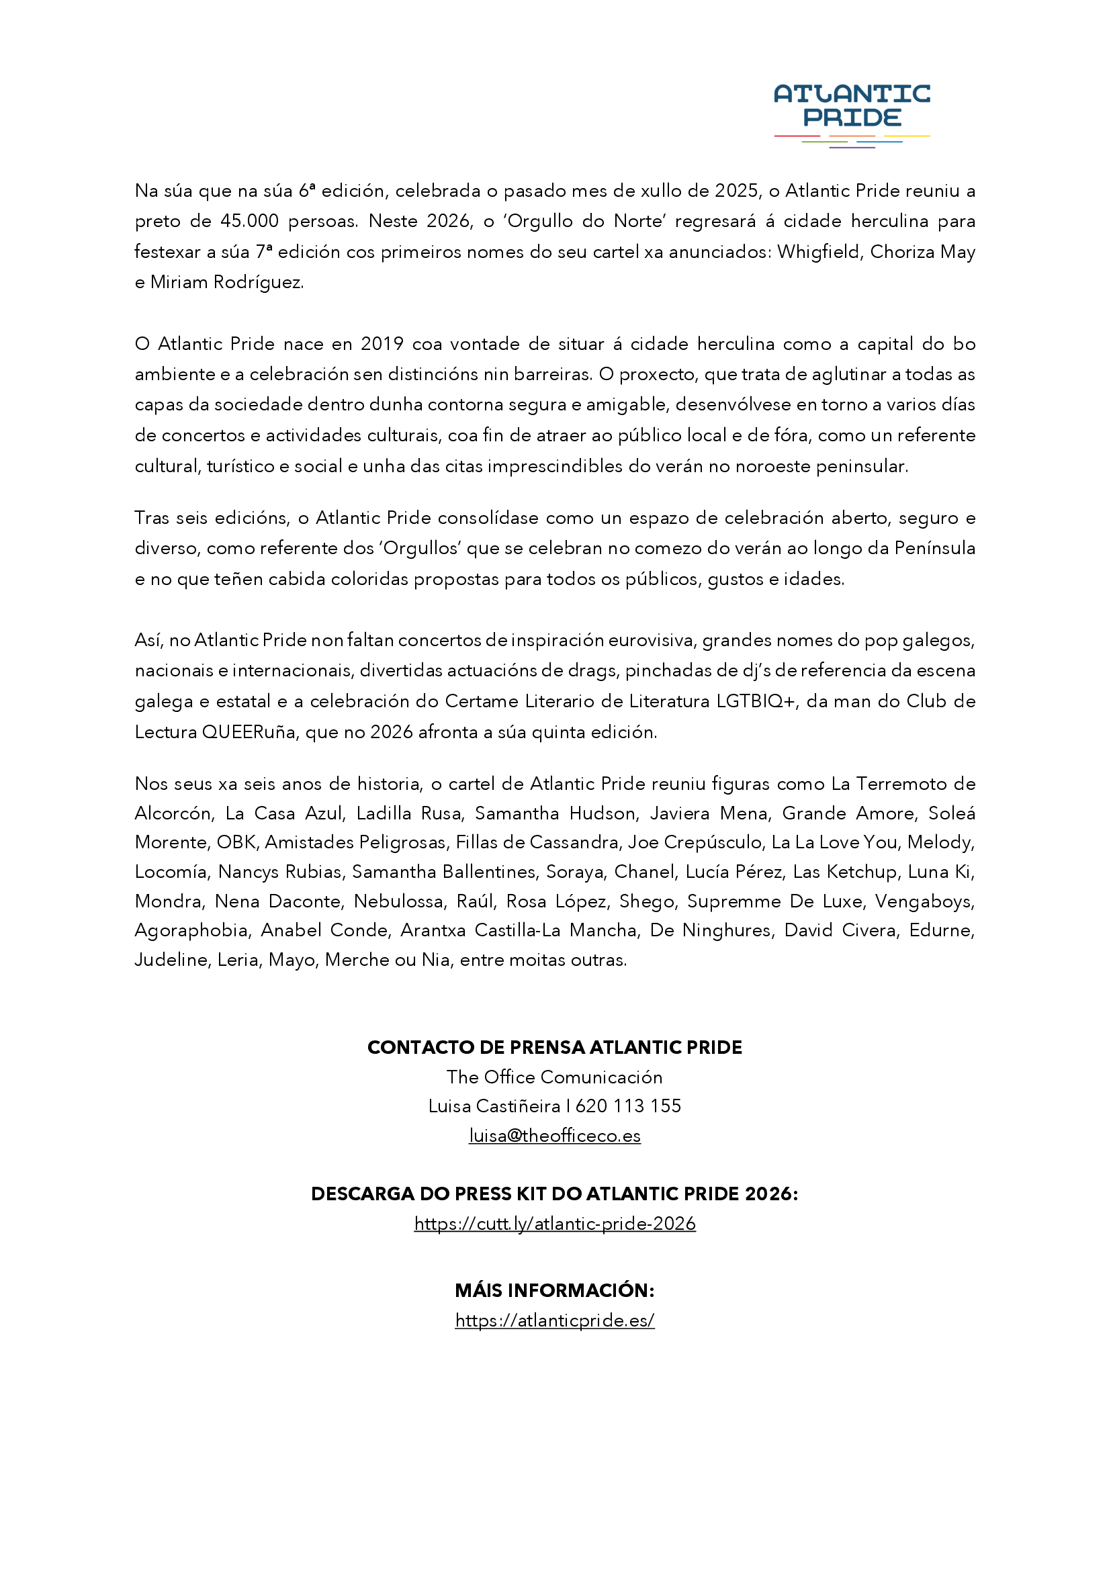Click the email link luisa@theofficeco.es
point(554,1135)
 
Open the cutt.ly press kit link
point(554,1223)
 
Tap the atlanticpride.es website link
point(554,1320)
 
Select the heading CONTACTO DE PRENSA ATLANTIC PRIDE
point(554,1047)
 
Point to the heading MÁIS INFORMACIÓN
point(554,1290)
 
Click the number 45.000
point(249,221)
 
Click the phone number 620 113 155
point(628,1106)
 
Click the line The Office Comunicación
point(554,1077)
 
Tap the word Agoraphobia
point(191,930)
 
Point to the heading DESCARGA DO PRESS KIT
point(554,1194)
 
